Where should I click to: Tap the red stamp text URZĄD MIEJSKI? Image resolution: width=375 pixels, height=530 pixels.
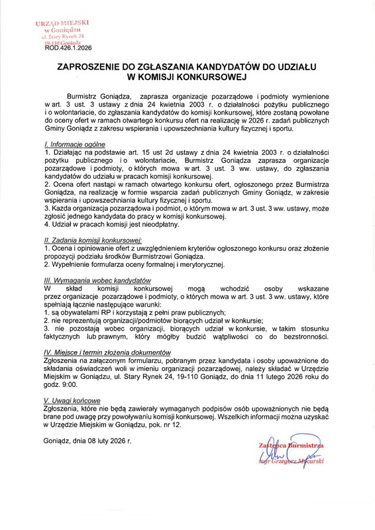pyautogui.click(x=58, y=23)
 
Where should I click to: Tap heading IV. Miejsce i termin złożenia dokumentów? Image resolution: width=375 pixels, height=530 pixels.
pyautogui.click(x=113, y=352)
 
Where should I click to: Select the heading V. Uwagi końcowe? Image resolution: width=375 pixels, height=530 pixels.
pyautogui.click(x=72, y=401)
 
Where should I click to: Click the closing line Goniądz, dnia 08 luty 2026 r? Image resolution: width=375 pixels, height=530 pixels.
pyautogui.click(x=87, y=441)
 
